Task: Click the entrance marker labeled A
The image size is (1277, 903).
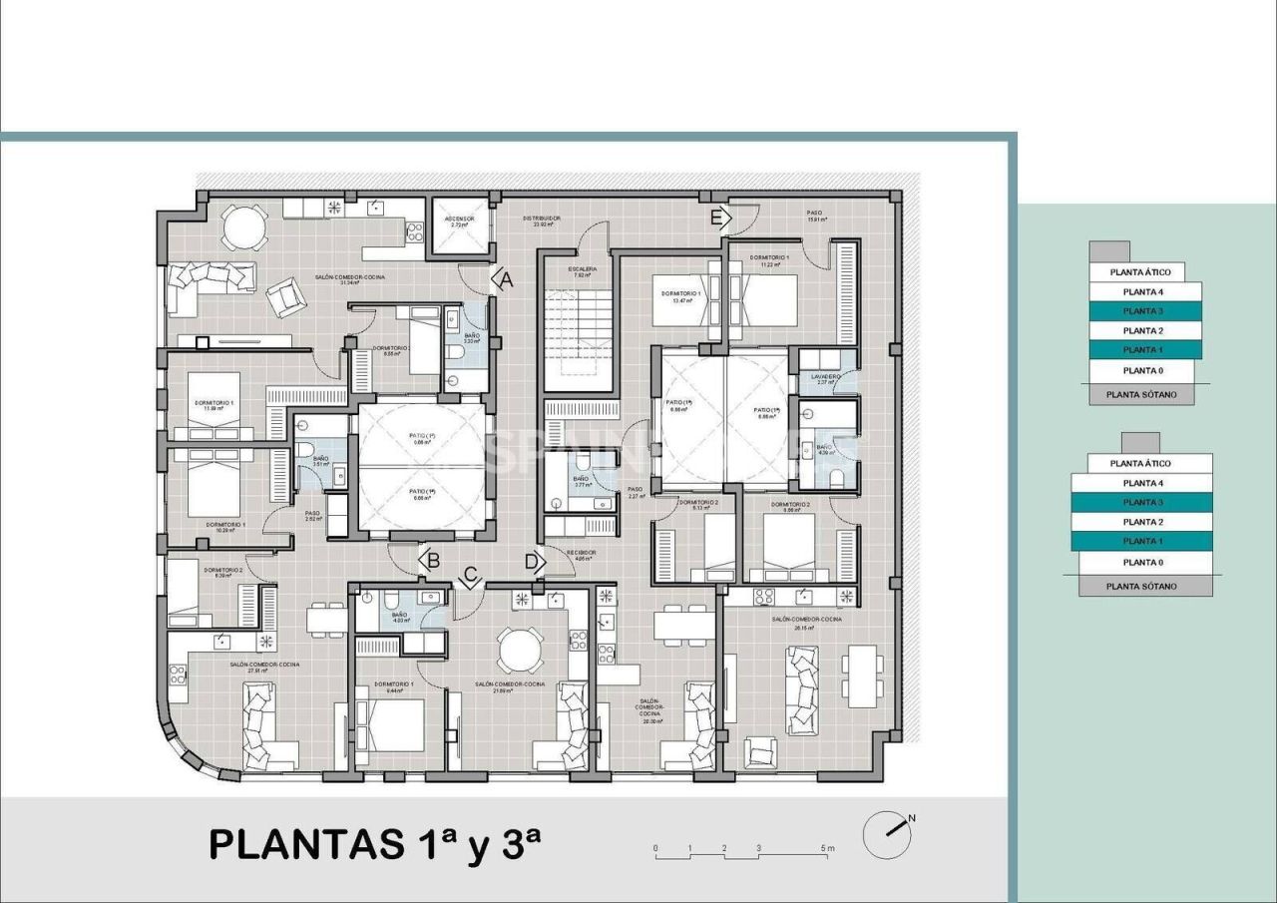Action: click(506, 281)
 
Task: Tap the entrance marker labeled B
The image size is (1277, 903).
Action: click(431, 561)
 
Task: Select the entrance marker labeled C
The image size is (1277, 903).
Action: click(470, 576)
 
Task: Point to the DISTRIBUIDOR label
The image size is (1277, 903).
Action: click(544, 220)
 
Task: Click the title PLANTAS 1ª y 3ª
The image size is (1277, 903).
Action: click(375, 843)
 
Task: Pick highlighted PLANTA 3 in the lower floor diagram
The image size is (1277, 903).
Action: click(1142, 502)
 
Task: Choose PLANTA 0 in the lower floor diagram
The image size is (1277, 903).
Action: click(1142, 562)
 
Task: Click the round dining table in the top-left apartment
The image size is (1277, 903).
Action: click(243, 228)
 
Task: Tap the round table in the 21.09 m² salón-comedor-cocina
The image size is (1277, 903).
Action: click(520, 651)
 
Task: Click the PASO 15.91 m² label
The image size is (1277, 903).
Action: click(815, 217)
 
